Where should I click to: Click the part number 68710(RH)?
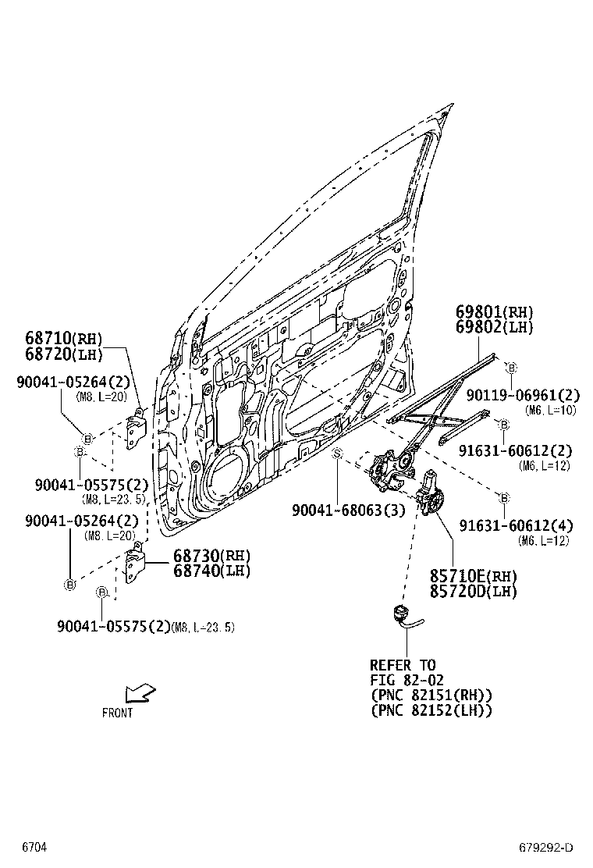click(64, 339)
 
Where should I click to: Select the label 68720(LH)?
click(64, 354)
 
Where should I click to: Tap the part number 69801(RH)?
click(494, 312)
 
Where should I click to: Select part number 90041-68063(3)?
click(349, 510)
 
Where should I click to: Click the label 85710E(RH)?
click(473, 576)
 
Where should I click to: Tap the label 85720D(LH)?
click(473, 591)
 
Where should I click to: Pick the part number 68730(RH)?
click(211, 556)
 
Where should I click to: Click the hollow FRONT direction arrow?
click(140, 692)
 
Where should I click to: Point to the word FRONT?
click(117, 713)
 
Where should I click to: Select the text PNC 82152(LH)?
click(431, 710)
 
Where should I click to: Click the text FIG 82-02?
click(403, 680)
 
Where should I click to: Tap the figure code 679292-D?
click(546, 848)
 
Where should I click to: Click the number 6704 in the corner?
click(34, 847)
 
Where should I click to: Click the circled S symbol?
click(338, 454)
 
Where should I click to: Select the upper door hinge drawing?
click(137, 426)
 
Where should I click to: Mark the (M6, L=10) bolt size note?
click(550, 410)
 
